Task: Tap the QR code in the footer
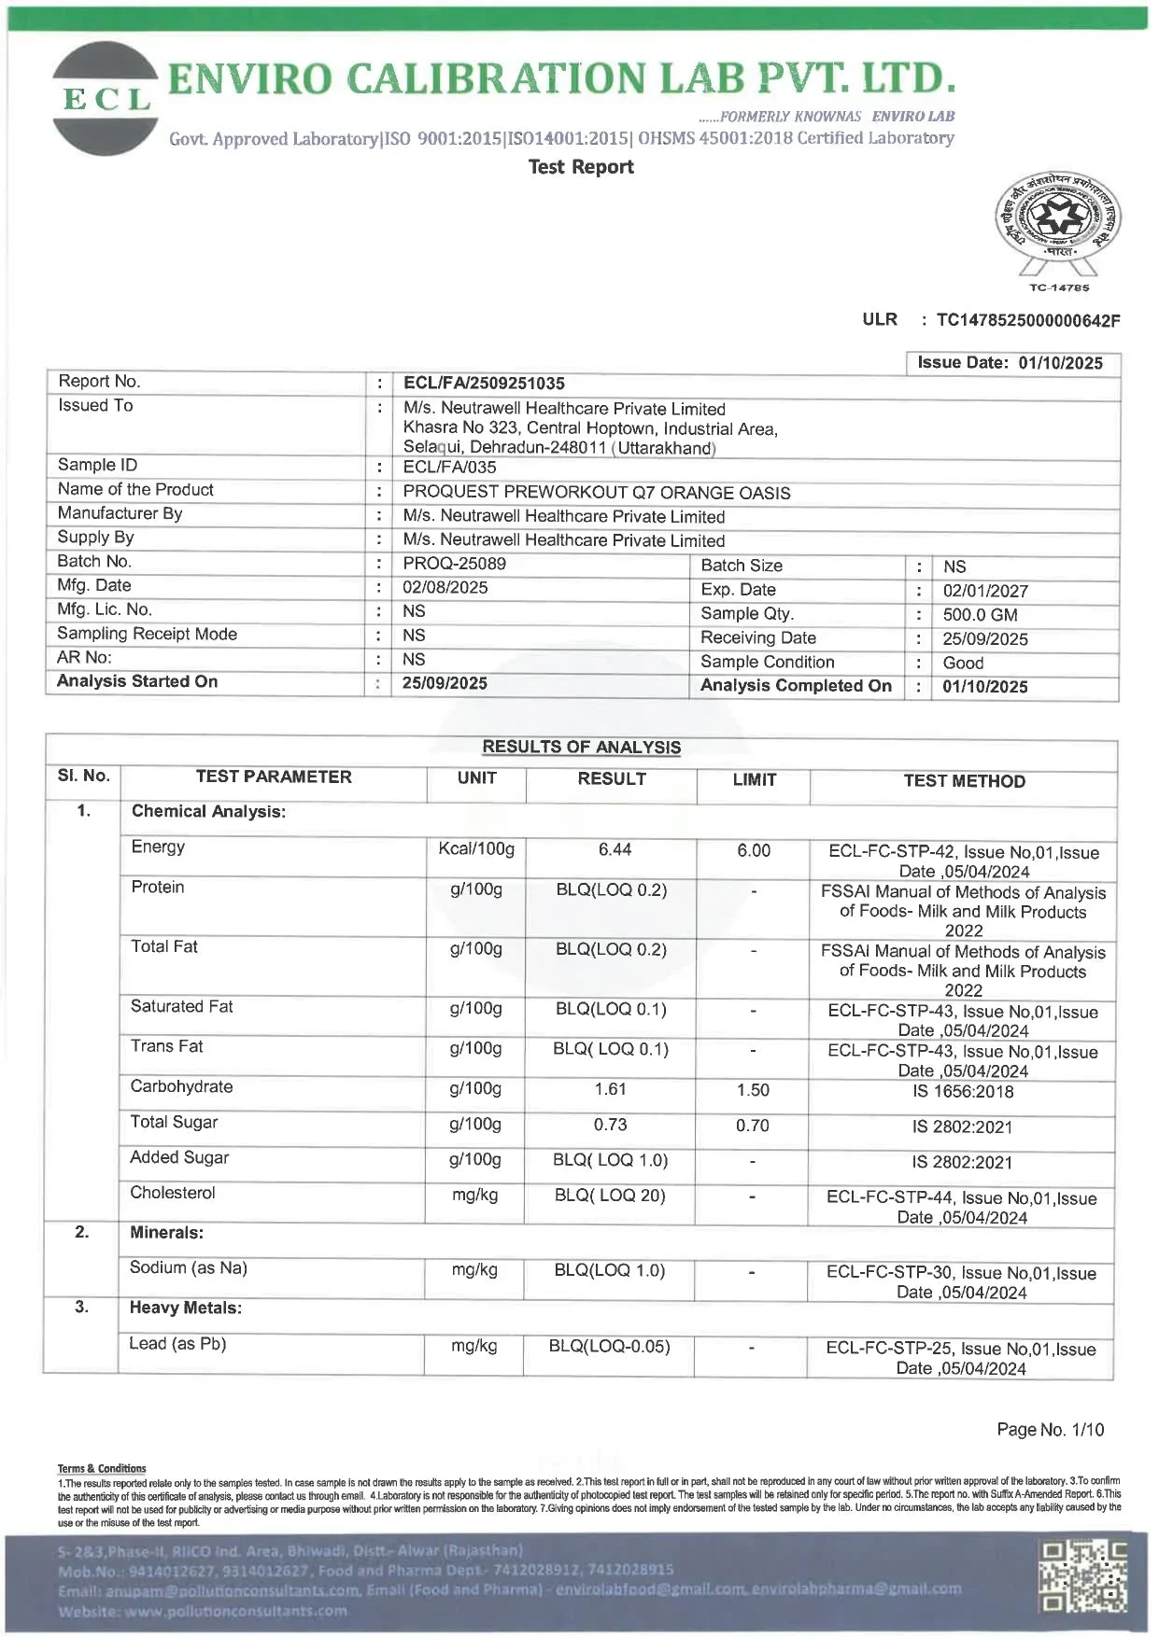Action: tap(1082, 1578)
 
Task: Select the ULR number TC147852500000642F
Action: tap(1027, 321)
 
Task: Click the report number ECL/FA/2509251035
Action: tap(484, 384)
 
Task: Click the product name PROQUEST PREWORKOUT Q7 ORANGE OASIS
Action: tap(596, 493)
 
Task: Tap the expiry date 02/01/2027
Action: tap(984, 591)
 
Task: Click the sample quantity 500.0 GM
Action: tap(980, 615)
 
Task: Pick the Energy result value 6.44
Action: tap(615, 849)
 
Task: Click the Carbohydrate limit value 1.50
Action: tap(753, 1090)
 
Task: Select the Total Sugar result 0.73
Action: tap(610, 1125)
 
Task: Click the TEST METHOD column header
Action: tap(964, 781)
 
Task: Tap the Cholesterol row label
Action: tap(173, 1193)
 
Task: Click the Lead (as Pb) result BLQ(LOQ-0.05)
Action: tap(609, 1346)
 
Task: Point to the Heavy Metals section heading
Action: tap(185, 1308)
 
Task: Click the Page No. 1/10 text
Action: tap(1050, 1429)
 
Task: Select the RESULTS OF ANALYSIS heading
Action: tap(581, 748)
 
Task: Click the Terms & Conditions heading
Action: tap(102, 1468)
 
